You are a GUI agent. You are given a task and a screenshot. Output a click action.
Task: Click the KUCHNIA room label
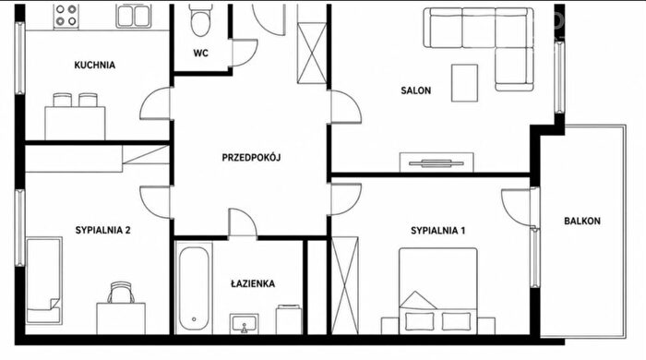(94, 66)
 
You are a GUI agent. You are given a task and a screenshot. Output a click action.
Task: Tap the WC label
(200, 54)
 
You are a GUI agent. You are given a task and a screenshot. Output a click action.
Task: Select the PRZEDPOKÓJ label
(251, 158)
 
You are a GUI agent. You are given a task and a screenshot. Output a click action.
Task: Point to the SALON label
(415, 90)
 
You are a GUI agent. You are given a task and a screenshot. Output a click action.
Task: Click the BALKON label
(582, 222)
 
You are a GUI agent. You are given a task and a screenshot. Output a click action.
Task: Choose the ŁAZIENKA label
(253, 283)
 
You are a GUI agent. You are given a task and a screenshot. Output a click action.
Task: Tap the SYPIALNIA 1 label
(438, 231)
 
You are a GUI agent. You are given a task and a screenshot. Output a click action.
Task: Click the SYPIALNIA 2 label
(103, 230)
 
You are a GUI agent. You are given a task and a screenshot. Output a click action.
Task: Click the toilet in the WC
(201, 20)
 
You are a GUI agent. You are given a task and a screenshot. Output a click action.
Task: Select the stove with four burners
(66, 16)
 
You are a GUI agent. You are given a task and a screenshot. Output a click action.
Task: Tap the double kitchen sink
(134, 16)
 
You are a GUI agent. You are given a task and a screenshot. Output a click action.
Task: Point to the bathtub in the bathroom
(194, 288)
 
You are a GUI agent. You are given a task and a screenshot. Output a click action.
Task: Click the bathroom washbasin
(245, 324)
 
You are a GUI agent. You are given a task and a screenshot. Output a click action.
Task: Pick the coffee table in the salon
(464, 83)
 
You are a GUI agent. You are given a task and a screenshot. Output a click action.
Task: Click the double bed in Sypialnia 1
(438, 291)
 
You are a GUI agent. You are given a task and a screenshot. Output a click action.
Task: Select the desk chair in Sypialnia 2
(121, 293)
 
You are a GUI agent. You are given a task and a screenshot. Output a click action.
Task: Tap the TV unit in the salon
(437, 162)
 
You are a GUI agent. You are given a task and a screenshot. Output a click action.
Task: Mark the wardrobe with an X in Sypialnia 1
(345, 285)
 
